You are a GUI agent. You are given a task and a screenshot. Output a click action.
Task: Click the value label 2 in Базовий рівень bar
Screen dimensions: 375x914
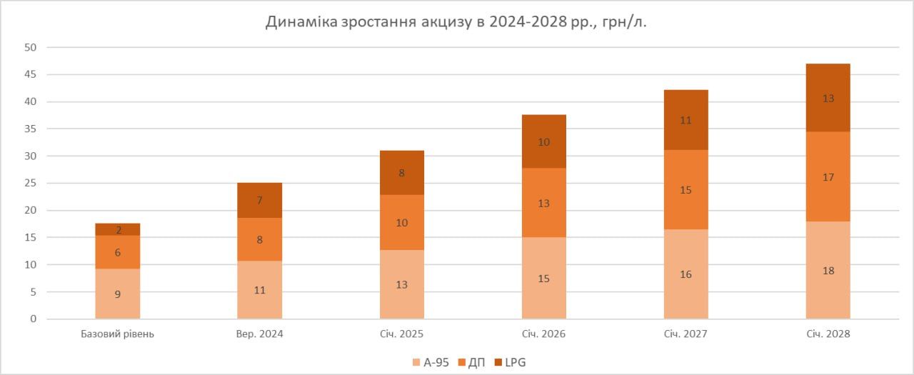[118, 230]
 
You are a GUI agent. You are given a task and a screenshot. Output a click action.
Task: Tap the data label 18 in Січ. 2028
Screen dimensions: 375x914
[828, 271]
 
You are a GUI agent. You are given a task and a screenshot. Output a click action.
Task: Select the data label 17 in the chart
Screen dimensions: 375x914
[828, 177]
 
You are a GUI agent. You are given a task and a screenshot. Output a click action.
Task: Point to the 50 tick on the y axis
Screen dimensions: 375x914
[31, 48]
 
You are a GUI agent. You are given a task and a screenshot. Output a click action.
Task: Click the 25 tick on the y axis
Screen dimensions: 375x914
[31, 184]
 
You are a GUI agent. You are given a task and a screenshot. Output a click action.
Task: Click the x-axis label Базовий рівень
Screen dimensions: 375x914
[118, 334]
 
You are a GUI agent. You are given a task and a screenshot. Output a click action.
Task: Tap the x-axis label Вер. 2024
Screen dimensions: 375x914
[260, 334]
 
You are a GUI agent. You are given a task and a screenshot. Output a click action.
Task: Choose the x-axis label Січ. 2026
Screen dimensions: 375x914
[544, 334]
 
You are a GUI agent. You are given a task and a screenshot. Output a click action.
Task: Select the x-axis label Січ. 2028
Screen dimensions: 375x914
[828, 334]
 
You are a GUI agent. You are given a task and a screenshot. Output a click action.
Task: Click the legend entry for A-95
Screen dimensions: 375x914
[431, 363]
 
